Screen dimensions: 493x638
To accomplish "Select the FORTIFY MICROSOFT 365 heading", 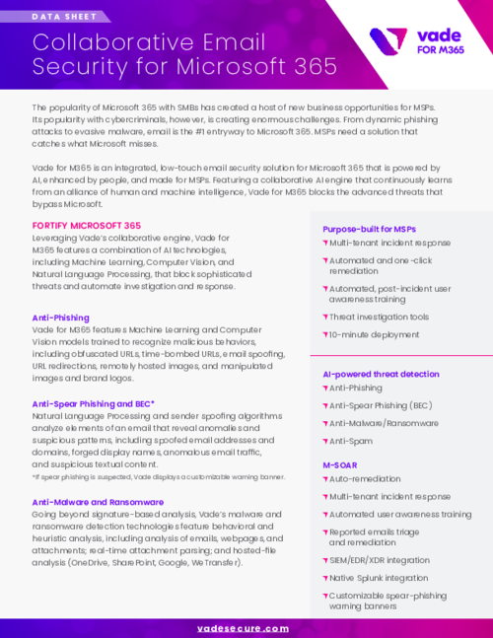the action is pyautogui.click(x=87, y=226).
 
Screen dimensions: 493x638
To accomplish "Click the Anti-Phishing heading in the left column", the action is pyautogui.click(x=61, y=318).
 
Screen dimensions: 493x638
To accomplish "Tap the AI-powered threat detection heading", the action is pyautogui.click(x=381, y=375).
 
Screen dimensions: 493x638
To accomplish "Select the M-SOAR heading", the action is pyautogui.click(x=340, y=462).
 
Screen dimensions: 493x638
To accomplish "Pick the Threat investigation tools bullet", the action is pyautogui.click(x=379, y=317).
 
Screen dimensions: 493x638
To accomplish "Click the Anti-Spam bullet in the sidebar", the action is pyautogui.click(x=353, y=440).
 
